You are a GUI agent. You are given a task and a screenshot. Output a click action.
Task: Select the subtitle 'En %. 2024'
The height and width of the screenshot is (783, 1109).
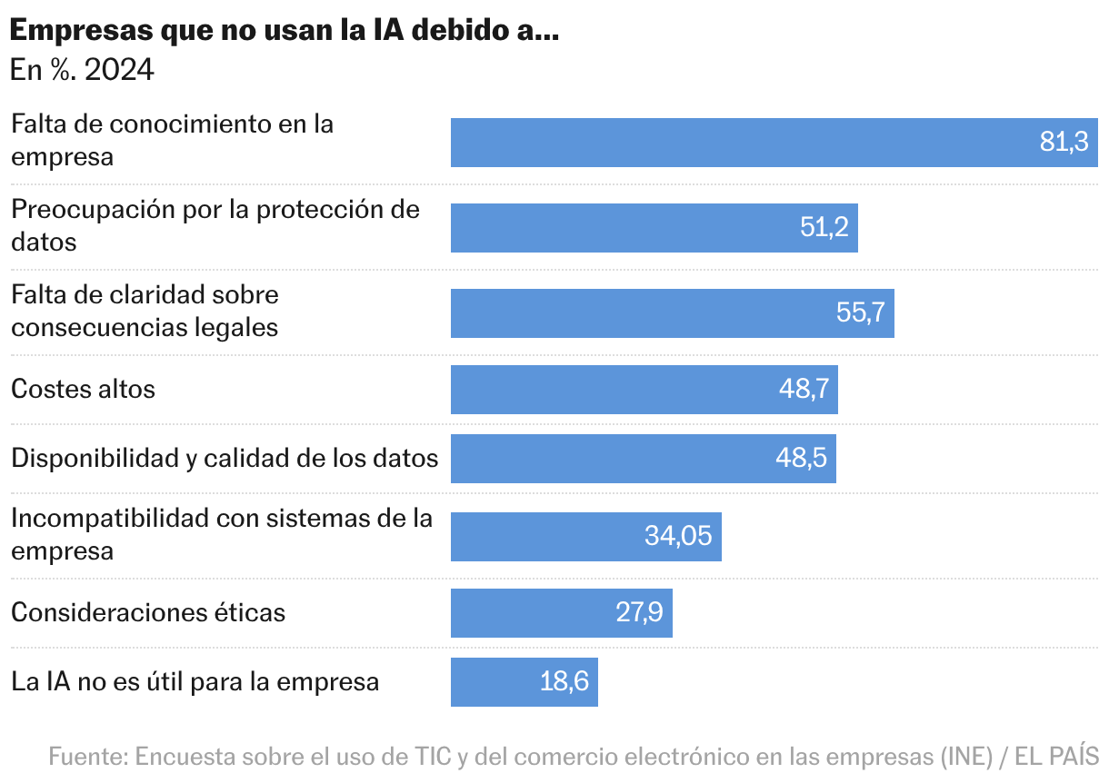[82, 70]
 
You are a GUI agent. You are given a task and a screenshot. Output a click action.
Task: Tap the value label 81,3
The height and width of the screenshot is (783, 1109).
[1064, 143]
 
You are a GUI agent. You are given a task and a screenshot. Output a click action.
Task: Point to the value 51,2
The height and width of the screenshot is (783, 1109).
[824, 228]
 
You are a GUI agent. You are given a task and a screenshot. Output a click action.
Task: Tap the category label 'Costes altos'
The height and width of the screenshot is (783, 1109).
[83, 390]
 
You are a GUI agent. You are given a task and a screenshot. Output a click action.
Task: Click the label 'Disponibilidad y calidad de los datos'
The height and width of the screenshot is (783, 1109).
[225, 459]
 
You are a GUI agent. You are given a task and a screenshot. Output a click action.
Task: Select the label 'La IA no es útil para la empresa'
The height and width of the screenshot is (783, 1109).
[195, 682]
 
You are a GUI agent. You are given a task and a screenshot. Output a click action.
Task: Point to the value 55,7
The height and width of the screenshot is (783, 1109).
[860, 313]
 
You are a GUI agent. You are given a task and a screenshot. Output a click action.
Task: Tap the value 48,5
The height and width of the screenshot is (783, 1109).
[801, 459]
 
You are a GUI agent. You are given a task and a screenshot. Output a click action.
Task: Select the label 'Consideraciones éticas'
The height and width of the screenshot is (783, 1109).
[148, 612]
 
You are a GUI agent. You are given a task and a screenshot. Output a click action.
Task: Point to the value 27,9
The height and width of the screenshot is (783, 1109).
[639, 612]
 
